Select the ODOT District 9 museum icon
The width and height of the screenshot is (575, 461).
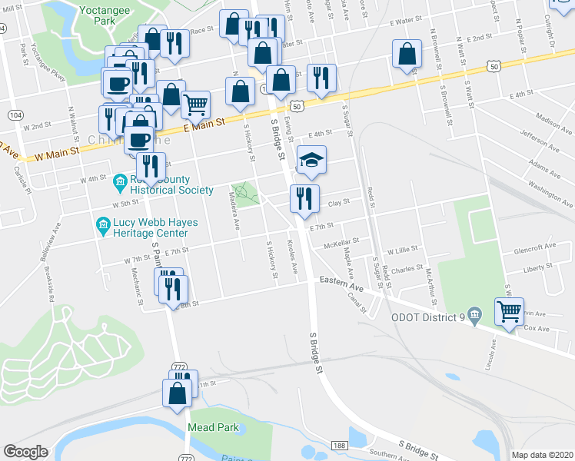pos(474,313)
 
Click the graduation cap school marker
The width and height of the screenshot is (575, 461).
pos(311,159)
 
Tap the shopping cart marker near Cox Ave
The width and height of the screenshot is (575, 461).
pos(509,312)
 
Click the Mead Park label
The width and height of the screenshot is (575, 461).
pos(210,426)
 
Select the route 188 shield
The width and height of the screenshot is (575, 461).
pos(340,446)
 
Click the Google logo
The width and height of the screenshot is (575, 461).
pos(25,452)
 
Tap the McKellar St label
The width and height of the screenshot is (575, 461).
pos(341,244)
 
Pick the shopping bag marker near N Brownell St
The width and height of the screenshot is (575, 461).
pos(407,55)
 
